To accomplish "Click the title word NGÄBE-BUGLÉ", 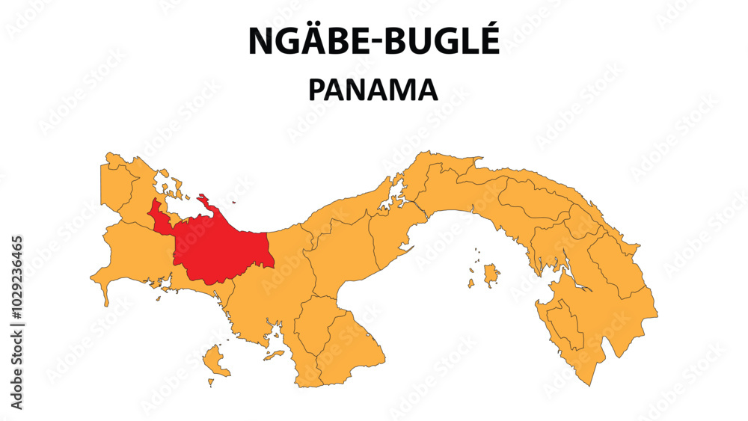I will [373, 41].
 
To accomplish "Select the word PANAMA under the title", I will [373, 90].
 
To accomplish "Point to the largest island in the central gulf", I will [491, 274].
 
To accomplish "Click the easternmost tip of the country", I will [656, 314].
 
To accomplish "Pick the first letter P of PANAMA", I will [317, 90].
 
